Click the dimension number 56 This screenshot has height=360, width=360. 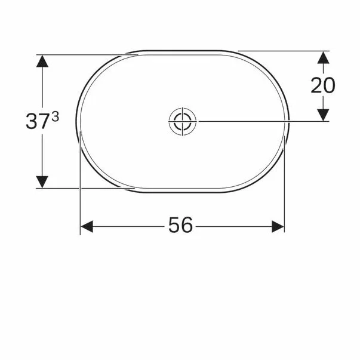[180, 225]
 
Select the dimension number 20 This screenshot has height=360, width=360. [323, 85]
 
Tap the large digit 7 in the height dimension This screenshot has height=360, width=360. [44, 121]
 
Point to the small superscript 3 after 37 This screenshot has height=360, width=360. [55, 117]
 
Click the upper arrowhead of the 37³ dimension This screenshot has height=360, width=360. [42, 61]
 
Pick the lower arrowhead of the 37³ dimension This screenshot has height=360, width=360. [42, 182]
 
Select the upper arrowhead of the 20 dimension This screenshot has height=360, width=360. [323, 57]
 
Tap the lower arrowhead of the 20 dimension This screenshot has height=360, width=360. [323, 115]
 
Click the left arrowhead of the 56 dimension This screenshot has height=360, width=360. [87, 227]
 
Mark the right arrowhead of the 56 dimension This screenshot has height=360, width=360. [278, 227]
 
